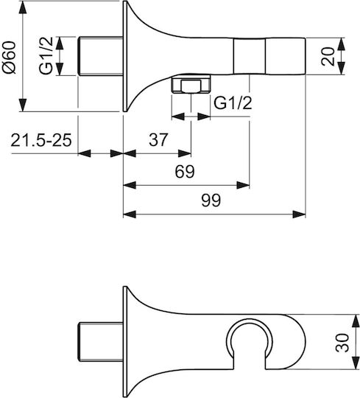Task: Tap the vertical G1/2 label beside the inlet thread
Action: [46, 55]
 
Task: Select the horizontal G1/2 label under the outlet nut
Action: [233, 102]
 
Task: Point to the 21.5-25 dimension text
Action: [41, 140]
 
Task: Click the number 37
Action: [158, 139]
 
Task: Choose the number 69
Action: [185, 172]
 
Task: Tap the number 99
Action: [211, 200]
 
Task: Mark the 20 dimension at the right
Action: [328, 56]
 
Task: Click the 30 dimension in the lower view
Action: [342, 343]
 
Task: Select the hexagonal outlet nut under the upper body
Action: [191, 84]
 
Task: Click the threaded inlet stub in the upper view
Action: [100, 56]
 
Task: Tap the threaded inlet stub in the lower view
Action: [100, 342]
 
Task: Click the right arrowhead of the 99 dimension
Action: [299, 214]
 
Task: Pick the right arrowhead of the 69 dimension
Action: [243, 185]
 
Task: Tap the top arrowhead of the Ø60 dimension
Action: [23, 7]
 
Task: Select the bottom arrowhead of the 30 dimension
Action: [356, 363]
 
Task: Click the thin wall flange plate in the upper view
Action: [124, 56]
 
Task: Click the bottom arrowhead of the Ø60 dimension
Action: [23, 105]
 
